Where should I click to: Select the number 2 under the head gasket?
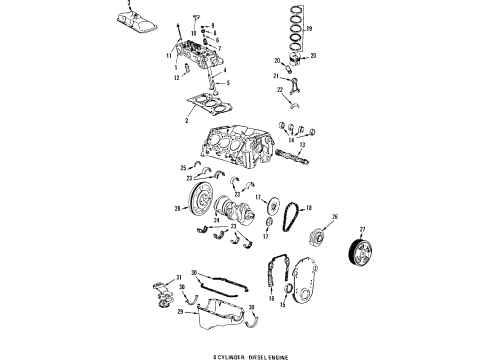click(x=186, y=120)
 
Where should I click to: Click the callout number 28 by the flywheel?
click(x=177, y=208)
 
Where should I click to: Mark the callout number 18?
click(x=309, y=207)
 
